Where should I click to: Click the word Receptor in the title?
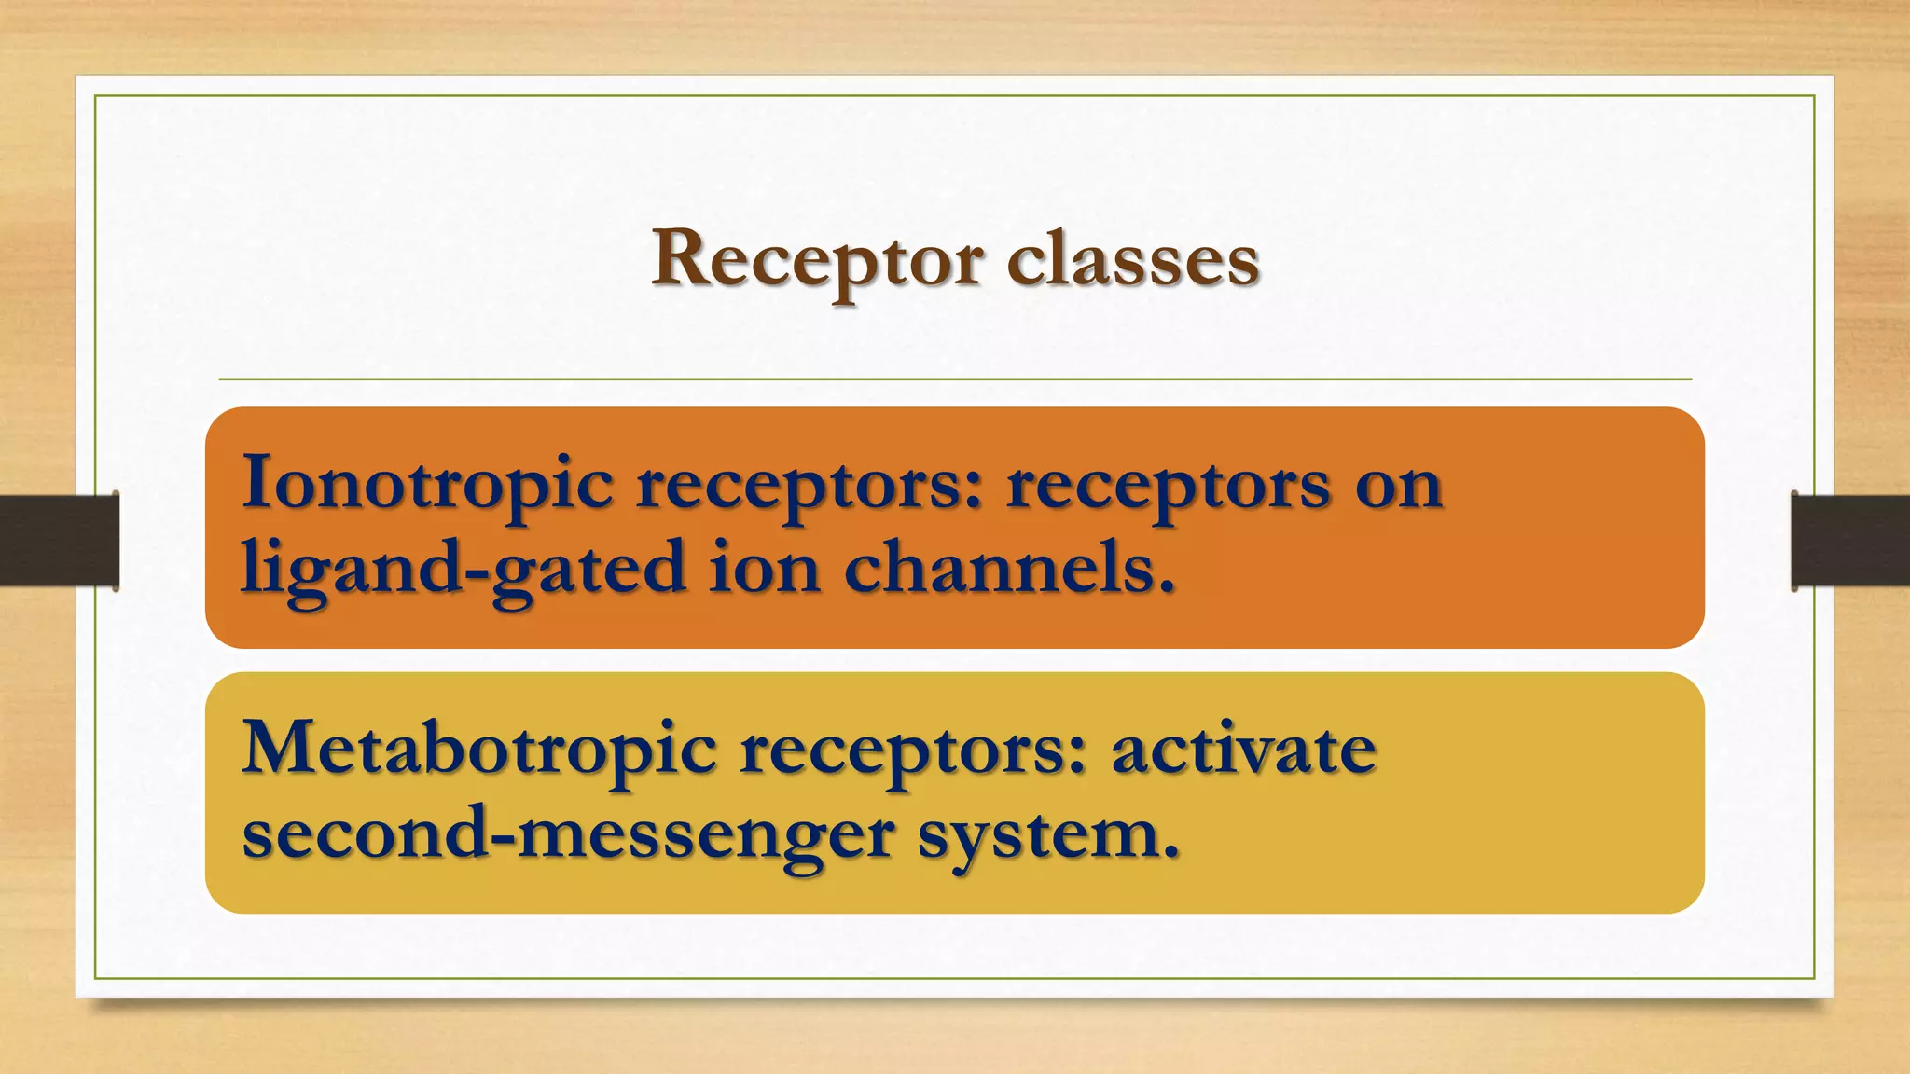coord(817,259)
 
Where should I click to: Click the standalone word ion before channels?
coord(765,567)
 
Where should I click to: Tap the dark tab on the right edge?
coord(1850,541)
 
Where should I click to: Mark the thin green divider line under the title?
coord(955,379)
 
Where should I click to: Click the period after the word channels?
coord(1165,587)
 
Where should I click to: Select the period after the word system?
coord(1170,852)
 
